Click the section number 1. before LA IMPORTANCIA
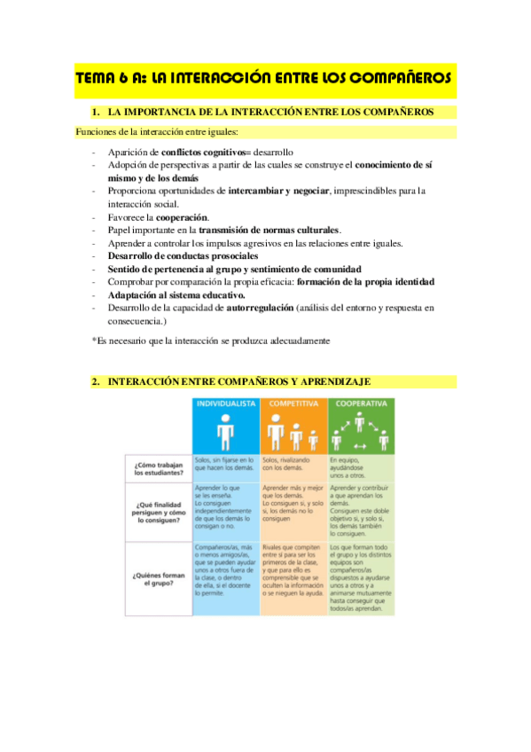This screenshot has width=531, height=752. pyautogui.click(x=97, y=113)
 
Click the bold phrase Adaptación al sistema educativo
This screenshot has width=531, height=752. pyautogui.click(x=176, y=294)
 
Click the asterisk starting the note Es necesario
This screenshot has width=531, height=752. pyautogui.click(x=94, y=341)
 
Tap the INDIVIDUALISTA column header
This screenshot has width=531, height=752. pyautogui.click(x=226, y=403)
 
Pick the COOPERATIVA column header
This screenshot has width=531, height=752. pyautogui.click(x=361, y=403)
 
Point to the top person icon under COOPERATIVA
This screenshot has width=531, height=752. pyautogui.click(x=361, y=421)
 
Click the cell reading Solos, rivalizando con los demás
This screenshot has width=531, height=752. pyautogui.click(x=293, y=465)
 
